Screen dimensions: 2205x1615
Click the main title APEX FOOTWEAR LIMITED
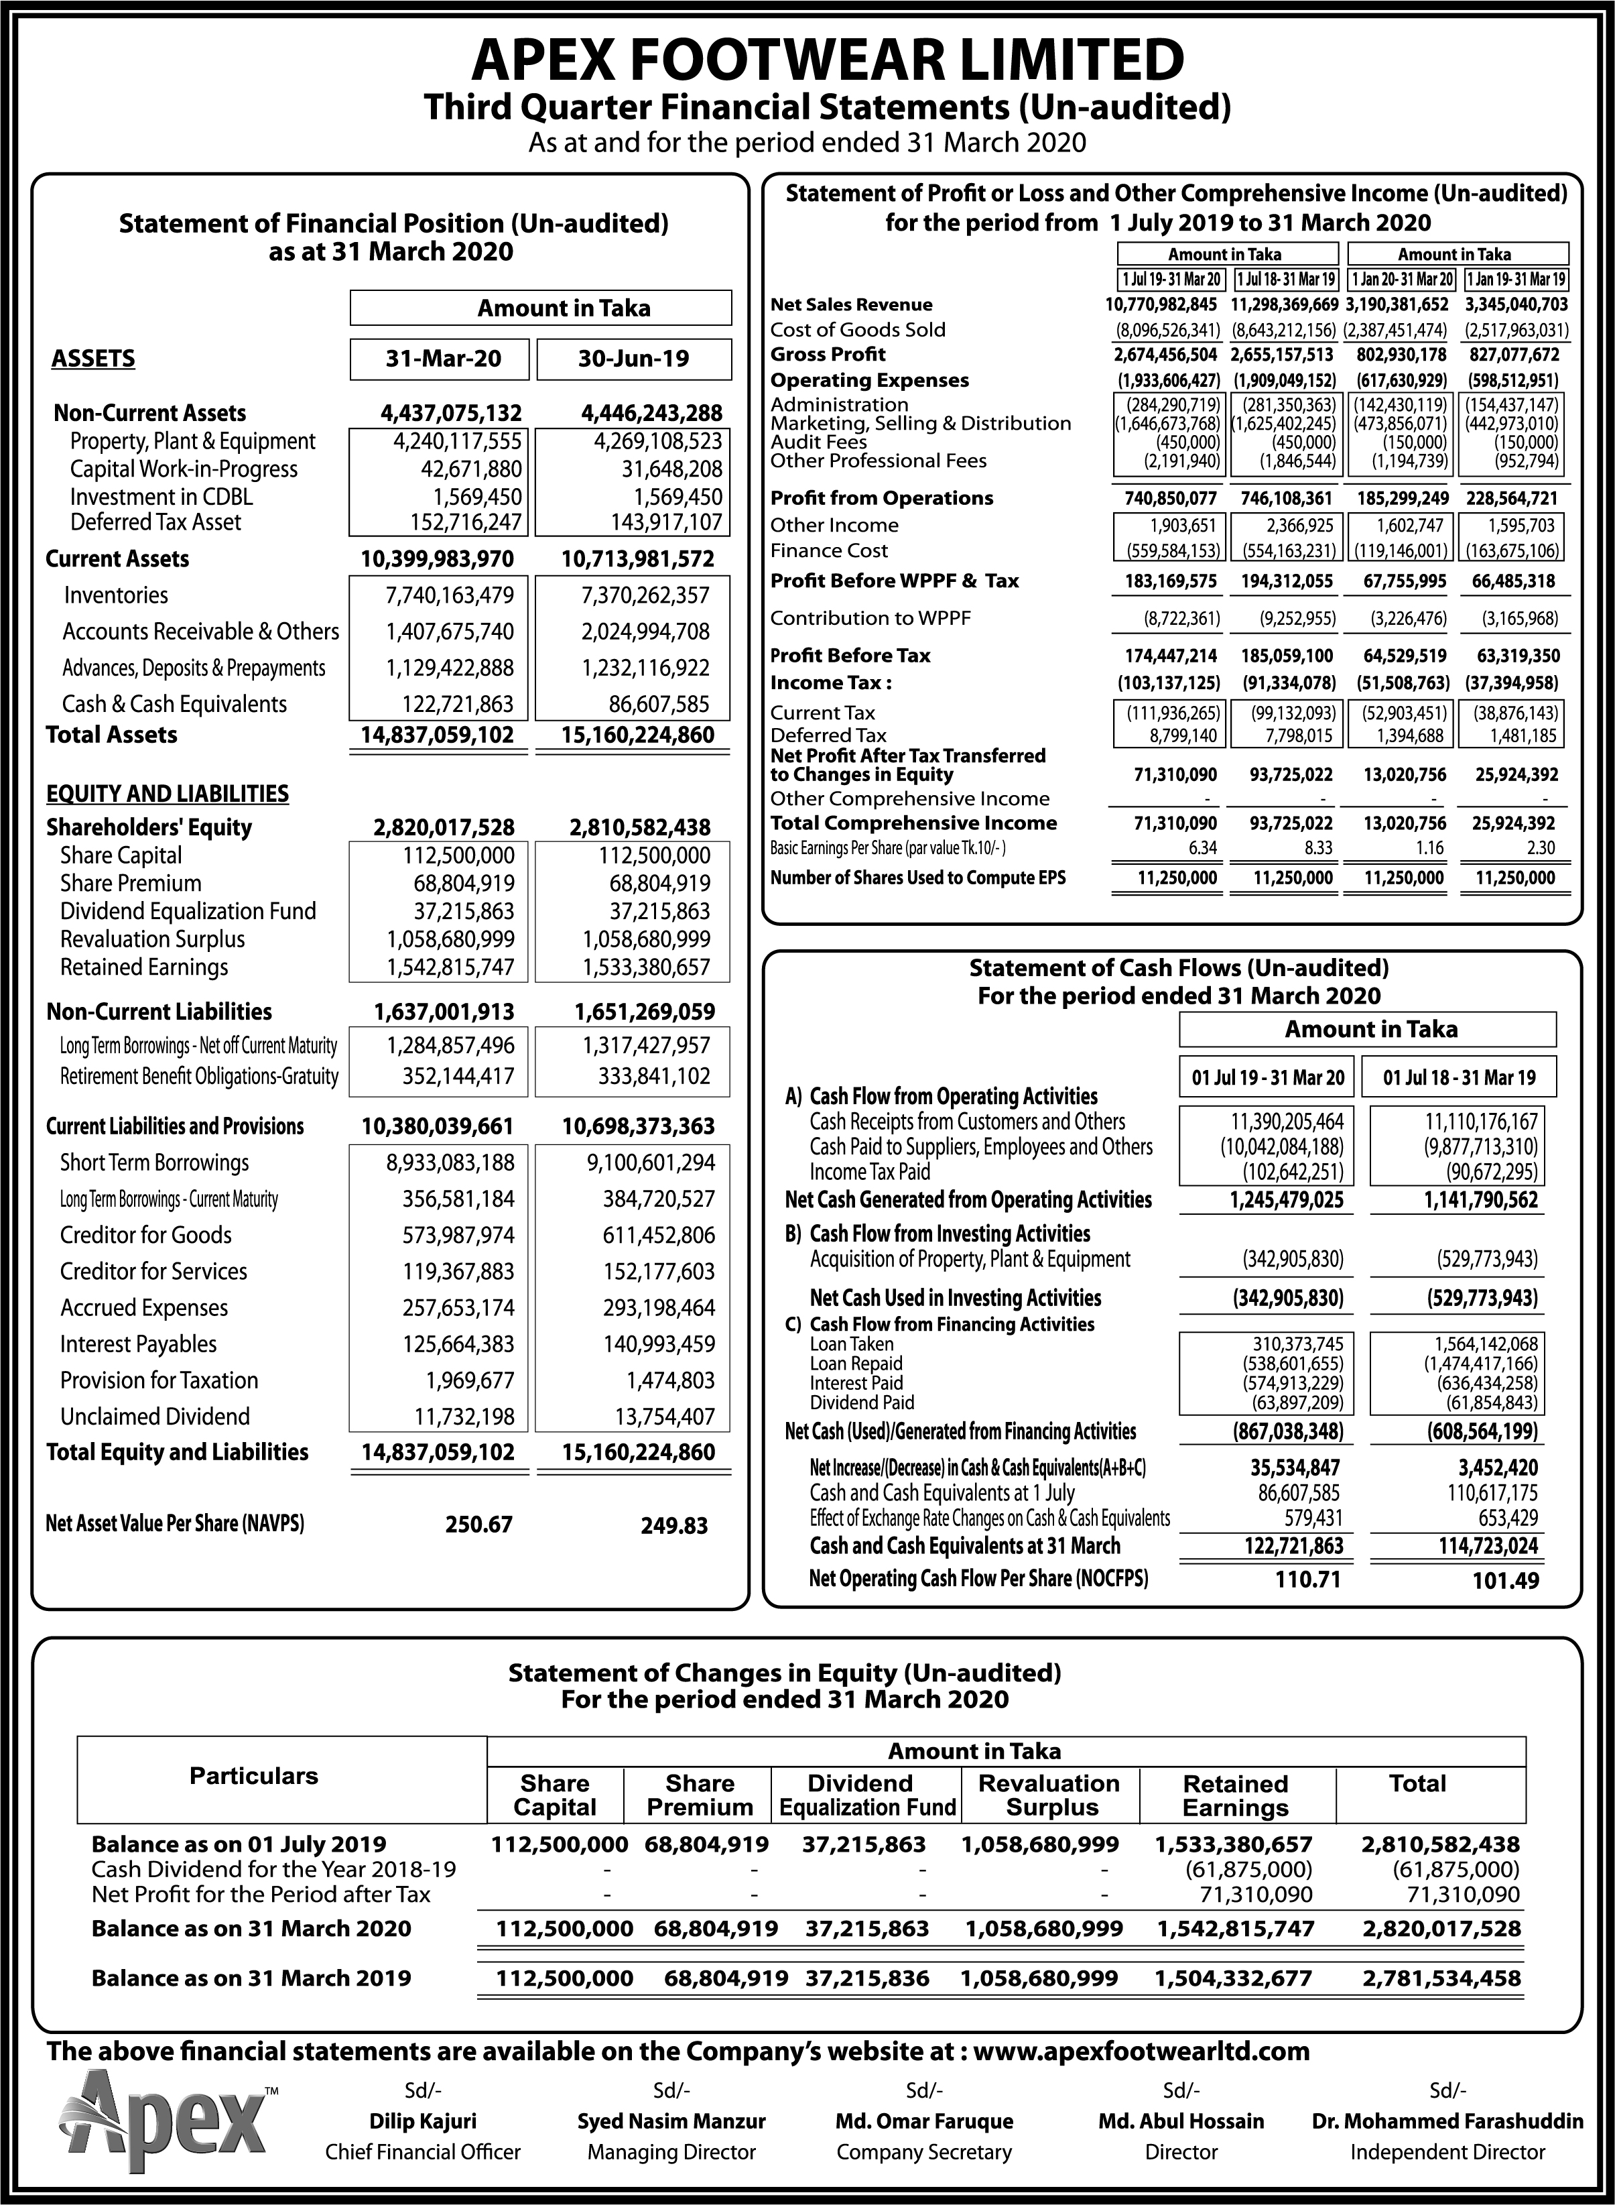[827, 60]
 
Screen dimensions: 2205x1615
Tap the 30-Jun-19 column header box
[633, 359]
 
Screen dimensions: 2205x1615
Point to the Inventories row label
[115, 595]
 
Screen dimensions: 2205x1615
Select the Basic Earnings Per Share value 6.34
[1202, 848]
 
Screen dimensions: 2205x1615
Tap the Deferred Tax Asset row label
[155, 522]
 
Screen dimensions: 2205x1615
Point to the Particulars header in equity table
[254, 1776]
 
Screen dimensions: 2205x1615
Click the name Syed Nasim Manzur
[671, 2121]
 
